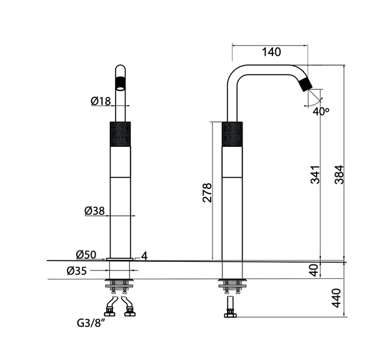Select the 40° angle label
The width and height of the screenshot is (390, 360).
tap(320, 111)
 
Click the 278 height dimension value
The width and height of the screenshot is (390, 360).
tap(207, 193)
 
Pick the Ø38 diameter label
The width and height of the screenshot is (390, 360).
tap(95, 211)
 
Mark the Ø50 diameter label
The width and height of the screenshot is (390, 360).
tap(86, 254)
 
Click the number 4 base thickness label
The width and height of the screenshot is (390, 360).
tap(144, 255)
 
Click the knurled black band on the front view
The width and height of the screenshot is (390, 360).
tap(120, 133)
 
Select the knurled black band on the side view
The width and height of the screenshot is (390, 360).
tap(232, 133)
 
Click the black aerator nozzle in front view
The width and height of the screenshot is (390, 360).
tap(120, 83)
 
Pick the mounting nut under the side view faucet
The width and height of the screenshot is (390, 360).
tap(232, 285)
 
